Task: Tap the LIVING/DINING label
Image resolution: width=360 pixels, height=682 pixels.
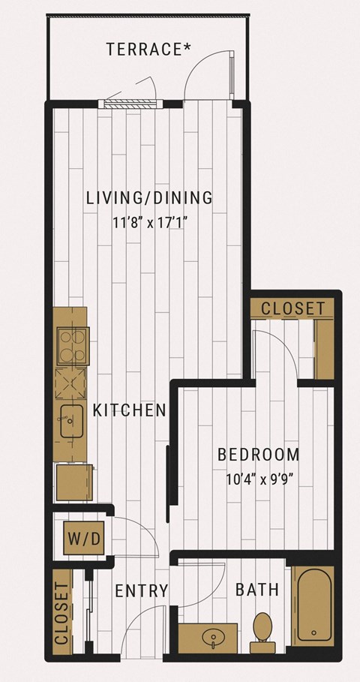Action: (x=149, y=198)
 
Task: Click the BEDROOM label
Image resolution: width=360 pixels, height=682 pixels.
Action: (x=259, y=455)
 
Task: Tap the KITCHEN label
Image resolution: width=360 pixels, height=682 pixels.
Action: (x=130, y=410)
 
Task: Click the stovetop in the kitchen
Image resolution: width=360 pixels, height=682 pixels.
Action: (x=73, y=346)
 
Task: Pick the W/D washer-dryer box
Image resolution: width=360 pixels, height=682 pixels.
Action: (x=84, y=538)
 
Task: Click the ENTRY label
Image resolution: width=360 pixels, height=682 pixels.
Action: (x=141, y=591)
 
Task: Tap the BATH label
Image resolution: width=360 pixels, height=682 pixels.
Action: (x=257, y=590)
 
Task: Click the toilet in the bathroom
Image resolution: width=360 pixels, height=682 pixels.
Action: (x=262, y=632)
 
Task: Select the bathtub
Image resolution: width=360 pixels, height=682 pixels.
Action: (x=313, y=606)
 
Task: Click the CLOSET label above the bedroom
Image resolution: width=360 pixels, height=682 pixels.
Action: (x=292, y=308)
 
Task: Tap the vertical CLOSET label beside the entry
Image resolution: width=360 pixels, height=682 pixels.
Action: (x=62, y=613)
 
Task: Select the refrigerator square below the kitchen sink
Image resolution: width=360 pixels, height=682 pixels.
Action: (x=74, y=482)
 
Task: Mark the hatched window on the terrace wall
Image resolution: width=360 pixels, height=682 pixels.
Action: (x=130, y=104)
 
